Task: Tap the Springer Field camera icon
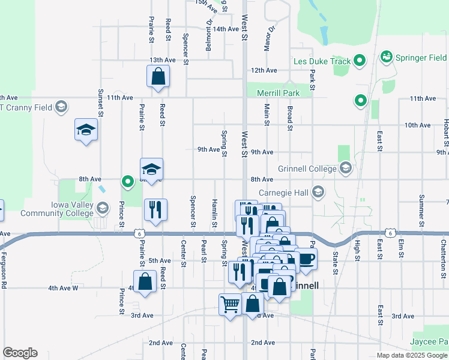pyautogui.click(x=386, y=58)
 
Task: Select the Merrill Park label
pyautogui.click(x=278, y=94)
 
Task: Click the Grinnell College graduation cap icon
pyautogui.click(x=345, y=168)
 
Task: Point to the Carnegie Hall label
pyautogui.click(x=283, y=193)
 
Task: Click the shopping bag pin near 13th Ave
pyautogui.click(x=158, y=76)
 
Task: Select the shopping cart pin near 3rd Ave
pyautogui.click(x=230, y=305)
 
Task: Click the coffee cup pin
pyautogui.click(x=306, y=259)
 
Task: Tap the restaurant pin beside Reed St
pyautogui.click(x=155, y=209)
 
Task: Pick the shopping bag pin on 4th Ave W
pyautogui.click(x=145, y=281)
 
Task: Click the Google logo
pyautogui.click(x=20, y=353)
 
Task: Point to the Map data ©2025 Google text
pyautogui.click(x=411, y=355)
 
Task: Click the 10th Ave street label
pyautogui.click(x=417, y=125)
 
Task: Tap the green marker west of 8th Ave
pyautogui.click(x=127, y=181)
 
